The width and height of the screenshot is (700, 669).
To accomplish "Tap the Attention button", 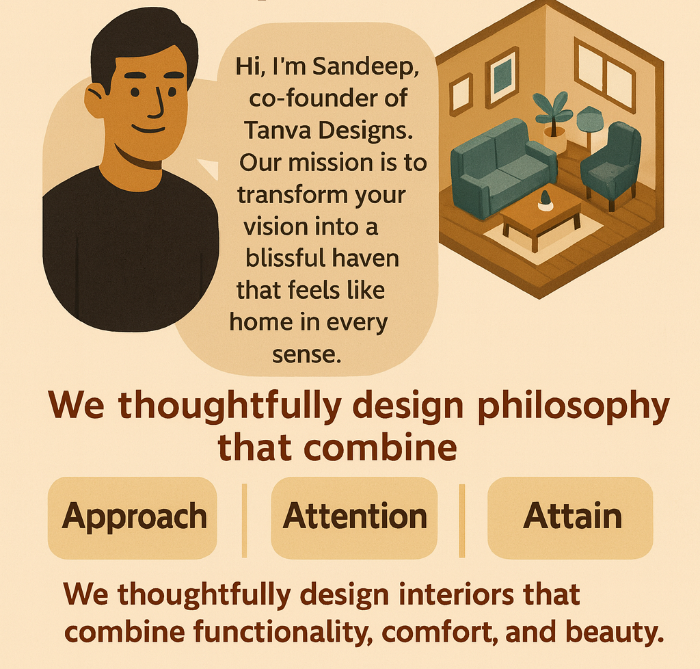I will click(354, 516).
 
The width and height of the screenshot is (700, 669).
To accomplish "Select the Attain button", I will click(571, 516).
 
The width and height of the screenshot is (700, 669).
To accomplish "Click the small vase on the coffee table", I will click(545, 200).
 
